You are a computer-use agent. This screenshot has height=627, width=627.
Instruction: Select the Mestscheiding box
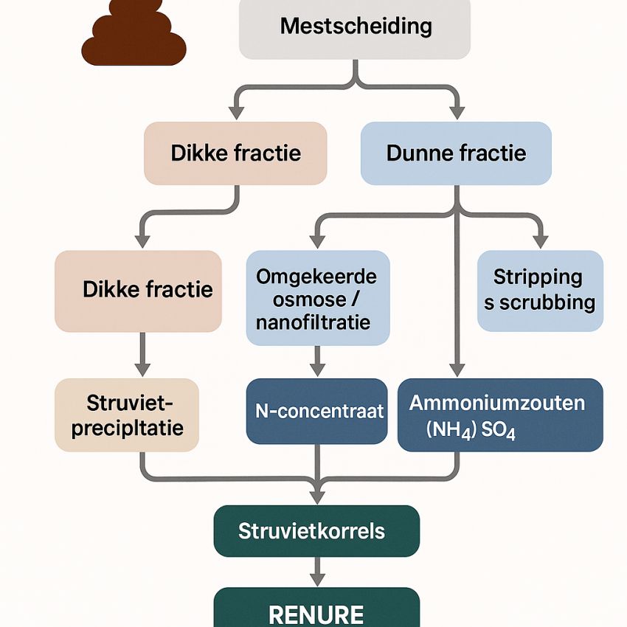click(355, 28)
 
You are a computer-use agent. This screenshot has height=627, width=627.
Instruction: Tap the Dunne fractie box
click(456, 153)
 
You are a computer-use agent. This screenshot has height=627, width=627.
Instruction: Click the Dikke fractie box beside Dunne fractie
click(235, 153)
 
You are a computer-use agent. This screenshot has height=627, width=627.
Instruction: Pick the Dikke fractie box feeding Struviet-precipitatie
click(138, 290)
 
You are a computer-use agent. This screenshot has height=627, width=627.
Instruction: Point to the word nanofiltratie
click(313, 322)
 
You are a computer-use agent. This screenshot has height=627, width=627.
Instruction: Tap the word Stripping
click(538, 277)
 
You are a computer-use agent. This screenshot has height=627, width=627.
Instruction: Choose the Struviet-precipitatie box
click(127, 415)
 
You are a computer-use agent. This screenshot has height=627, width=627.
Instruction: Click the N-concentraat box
click(316, 411)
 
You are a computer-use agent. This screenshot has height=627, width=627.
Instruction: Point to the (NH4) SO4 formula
click(471, 430)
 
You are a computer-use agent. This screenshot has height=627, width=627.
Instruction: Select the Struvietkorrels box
click(316, 531)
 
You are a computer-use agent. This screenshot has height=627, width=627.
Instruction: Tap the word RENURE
click(316, 614)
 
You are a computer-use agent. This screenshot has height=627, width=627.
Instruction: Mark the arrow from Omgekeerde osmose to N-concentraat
click(317, 361)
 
